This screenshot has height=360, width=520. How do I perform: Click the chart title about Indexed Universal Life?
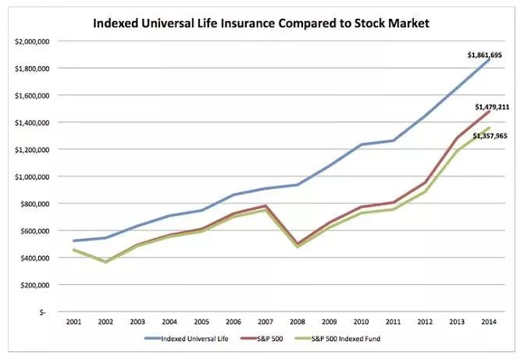click(261, 23)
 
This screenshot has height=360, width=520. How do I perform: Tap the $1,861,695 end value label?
click(484, 55)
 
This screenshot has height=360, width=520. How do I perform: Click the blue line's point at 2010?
click(360, 144)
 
